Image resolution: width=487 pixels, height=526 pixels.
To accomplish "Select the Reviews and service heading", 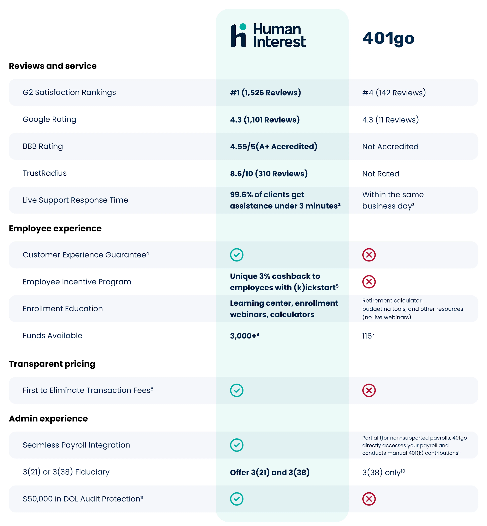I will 53,66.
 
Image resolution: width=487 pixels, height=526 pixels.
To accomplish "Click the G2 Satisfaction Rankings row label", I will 69,92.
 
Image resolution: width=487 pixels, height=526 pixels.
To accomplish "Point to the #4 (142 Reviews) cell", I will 394,93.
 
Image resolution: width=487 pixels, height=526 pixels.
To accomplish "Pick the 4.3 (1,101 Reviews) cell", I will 265,120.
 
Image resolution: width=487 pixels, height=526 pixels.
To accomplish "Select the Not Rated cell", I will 381,174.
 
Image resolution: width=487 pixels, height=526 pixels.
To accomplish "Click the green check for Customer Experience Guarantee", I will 237,255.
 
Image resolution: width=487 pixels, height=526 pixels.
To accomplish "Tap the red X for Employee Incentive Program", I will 369,282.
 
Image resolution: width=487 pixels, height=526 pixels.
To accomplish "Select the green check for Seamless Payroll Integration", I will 237,445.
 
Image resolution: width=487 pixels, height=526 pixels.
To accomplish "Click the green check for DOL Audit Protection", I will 237,499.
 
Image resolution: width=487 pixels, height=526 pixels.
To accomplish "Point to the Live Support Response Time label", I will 75,200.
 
